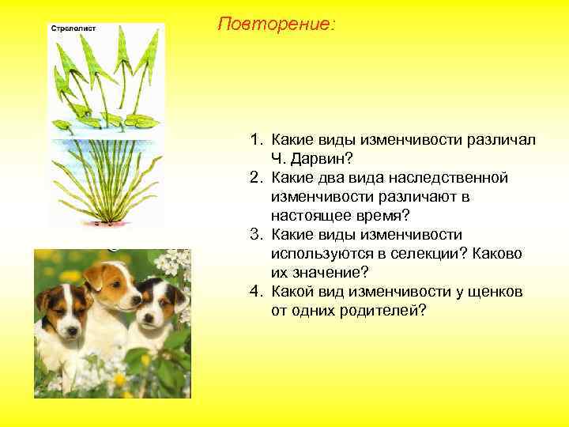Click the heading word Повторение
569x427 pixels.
[276, 25]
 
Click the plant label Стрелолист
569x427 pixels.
[73, 28]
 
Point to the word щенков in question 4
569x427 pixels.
[494, 292]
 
